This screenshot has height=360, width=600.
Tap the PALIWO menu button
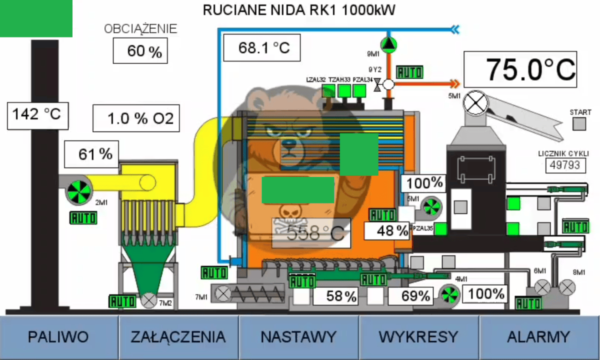pyautogui.click(x=58, y=337)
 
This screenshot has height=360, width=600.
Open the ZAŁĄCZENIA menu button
pyautogui.click(x=178, y=337)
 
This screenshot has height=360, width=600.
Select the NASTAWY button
pyautogui.click(x=298, y=337)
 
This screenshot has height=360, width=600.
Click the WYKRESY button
pyautogui.click(x=418, y=337)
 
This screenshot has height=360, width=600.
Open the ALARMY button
pyautogui.click(x=538, y=337)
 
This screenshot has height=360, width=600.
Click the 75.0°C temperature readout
pyautogui.click(x=520, y=69)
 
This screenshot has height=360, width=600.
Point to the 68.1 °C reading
pyautogui.click(x=263, y=48)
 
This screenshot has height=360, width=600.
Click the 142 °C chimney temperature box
pyautogui.click(x=37, y=114)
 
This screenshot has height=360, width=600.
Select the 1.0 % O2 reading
pyautogui.click(x=135, y=118)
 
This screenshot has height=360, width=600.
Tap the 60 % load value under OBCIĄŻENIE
pyautogui.click(x=139, y=51)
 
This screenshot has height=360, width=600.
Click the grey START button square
pyautogui.click(x=579, y=124)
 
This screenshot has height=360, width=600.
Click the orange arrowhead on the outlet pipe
pyautogui.click(x=454, y=83)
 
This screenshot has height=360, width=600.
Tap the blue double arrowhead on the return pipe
pyautogui.click(x=454, y=29)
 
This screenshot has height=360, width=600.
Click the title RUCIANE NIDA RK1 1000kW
pyautogui.click(x=299, y=10)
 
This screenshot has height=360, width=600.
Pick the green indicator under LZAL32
pyautogui.click(x=328, y=90)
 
